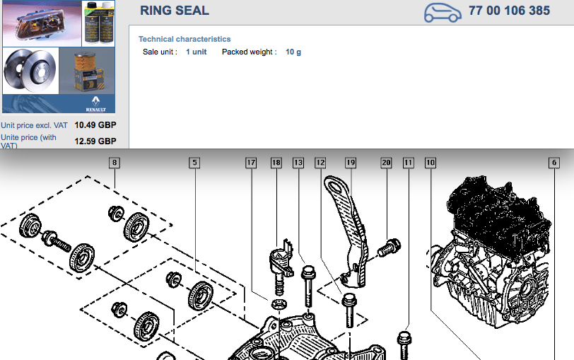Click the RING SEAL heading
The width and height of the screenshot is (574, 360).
click(174, 10)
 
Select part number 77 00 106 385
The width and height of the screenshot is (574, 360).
click(509, 10)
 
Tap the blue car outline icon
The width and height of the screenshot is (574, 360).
click(443, 13)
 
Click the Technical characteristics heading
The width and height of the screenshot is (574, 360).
click(184, 39)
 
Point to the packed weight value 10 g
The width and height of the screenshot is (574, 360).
click(293, 52)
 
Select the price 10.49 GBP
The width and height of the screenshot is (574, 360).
click(95, 125)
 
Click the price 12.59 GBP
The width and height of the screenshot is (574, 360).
click(95, 141)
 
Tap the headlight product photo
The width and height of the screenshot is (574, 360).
click(42, 23)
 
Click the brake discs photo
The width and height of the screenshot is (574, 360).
click(30, 71)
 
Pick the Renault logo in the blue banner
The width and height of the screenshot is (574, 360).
click(95, 104)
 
